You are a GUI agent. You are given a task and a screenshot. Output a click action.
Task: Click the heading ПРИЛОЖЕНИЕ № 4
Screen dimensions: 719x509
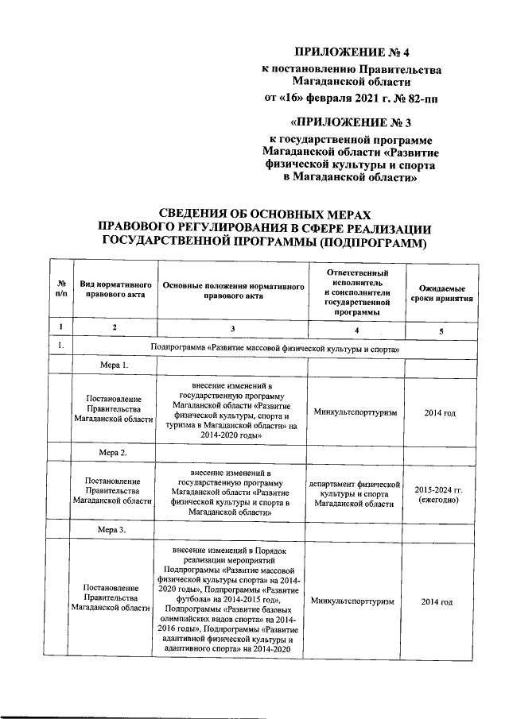pos(351,52)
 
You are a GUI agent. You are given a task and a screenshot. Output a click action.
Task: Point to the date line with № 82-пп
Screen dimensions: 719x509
pos(351,99)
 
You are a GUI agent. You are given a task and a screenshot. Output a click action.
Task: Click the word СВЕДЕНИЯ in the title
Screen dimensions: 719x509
pos(198,214)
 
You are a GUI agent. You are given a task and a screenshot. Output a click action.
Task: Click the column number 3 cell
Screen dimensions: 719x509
pos(232,328)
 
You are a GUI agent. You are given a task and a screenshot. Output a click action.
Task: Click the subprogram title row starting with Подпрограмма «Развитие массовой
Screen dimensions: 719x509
pos(274,348)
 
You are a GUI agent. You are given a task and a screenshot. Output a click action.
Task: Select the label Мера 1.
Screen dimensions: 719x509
pos(112,366)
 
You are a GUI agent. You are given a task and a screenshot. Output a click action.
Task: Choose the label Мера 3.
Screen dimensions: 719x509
pos(112,529)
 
